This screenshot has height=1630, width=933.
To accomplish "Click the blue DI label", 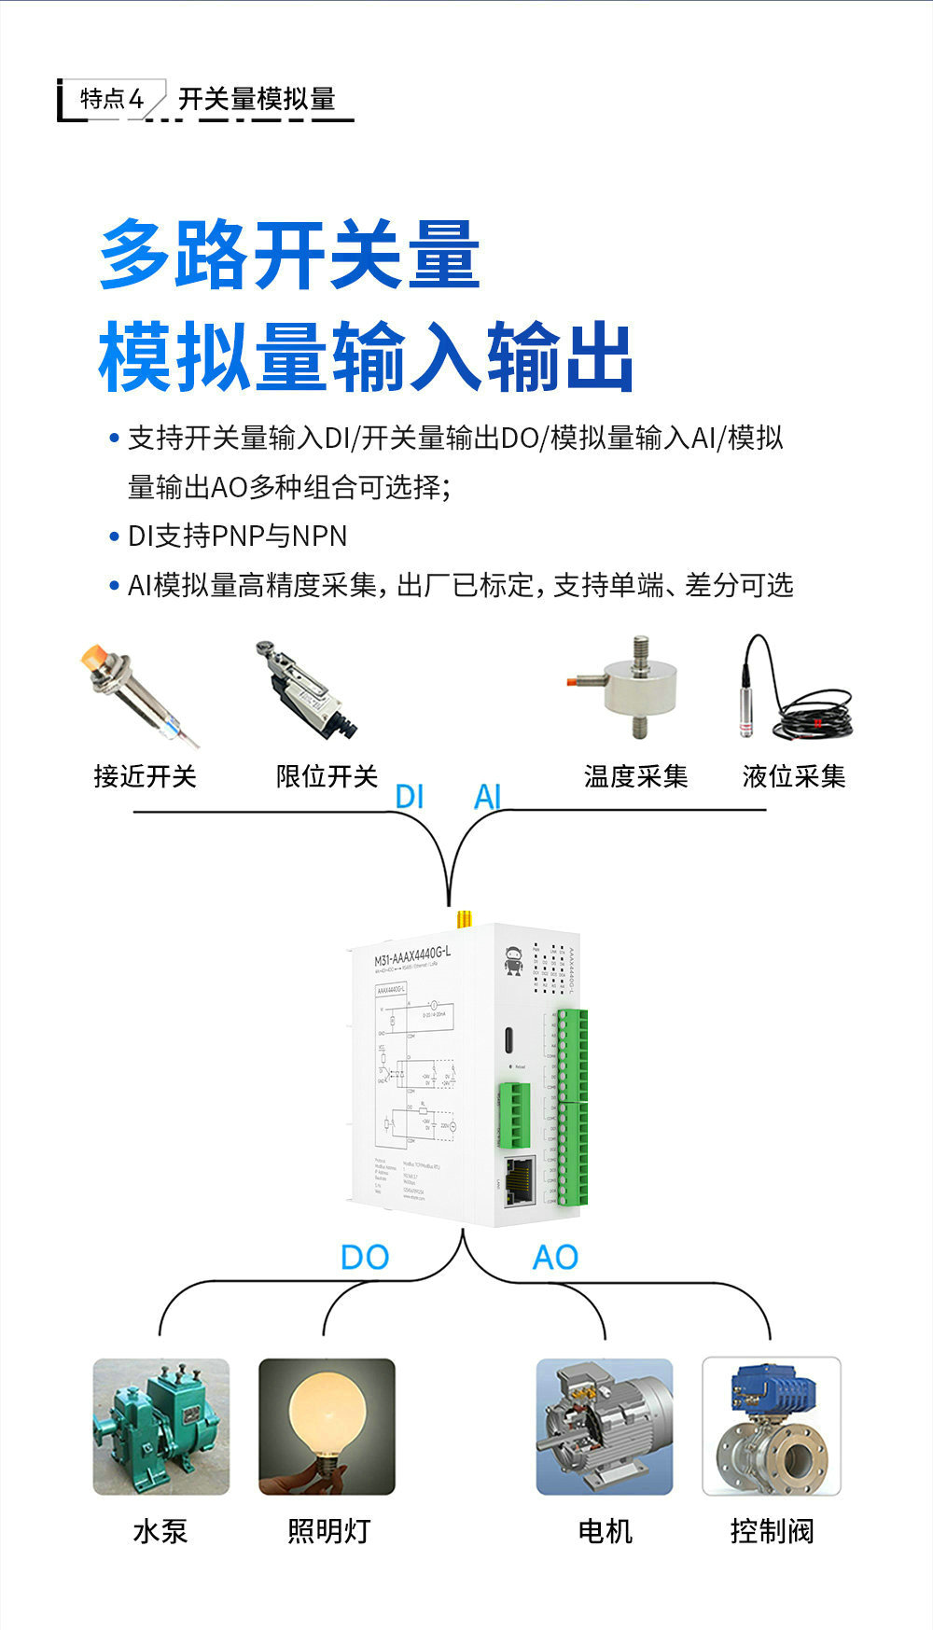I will click(x=410, y=796).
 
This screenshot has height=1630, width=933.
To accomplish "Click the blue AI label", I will click(x=488, y=796).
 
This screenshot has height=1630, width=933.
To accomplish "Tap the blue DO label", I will click(x=364, y=1257).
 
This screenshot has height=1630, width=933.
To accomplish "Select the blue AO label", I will click(x=555, y=1257).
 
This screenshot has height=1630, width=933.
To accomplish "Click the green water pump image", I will click(x=160, y=1426).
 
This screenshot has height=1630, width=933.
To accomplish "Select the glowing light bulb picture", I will click(x=327, y=1426).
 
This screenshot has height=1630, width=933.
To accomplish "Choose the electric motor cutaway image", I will click(x=604, y=1426).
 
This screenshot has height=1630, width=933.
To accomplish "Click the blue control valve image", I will click(x=772, y=1426).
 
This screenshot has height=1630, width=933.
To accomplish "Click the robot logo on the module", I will click(x=513, y=960).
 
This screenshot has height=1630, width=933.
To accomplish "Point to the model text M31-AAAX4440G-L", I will click(x=411, y=958).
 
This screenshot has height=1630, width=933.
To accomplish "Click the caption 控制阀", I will click(x=772, y=1530).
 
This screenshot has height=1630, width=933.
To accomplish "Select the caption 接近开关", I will click(x=145, y=776).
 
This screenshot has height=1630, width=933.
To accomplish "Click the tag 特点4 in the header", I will click(x=112, y=99).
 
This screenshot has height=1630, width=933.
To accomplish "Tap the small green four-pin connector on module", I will click(x=513, y=1114).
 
